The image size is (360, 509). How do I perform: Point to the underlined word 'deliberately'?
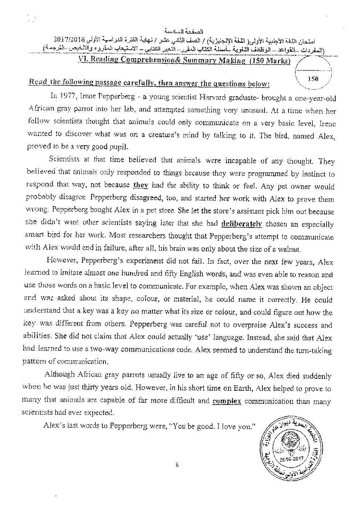[x=241, y=223]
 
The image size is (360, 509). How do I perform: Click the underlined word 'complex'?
[x=227, y=402]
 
